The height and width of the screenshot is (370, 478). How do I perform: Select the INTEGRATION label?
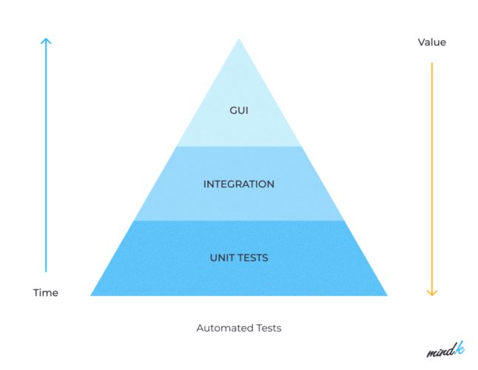[238, 184]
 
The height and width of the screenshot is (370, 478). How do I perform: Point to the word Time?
[45, 292]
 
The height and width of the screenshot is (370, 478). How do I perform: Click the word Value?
[431, 42]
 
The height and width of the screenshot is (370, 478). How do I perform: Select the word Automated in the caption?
[223, 328]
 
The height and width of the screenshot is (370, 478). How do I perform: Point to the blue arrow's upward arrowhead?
[46, 41]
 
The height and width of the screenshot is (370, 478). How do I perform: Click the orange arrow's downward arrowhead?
[432, 292]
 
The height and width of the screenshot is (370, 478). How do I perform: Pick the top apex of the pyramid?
[238, 38]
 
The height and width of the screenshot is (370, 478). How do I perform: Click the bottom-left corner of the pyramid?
[92, 295]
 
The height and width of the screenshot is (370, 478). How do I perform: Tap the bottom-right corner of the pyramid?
[386, 295]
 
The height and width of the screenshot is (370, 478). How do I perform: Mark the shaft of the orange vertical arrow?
[432, 178]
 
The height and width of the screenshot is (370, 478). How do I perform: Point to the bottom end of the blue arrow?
[46, 272]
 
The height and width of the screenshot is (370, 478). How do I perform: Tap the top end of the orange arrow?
[432, 63]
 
